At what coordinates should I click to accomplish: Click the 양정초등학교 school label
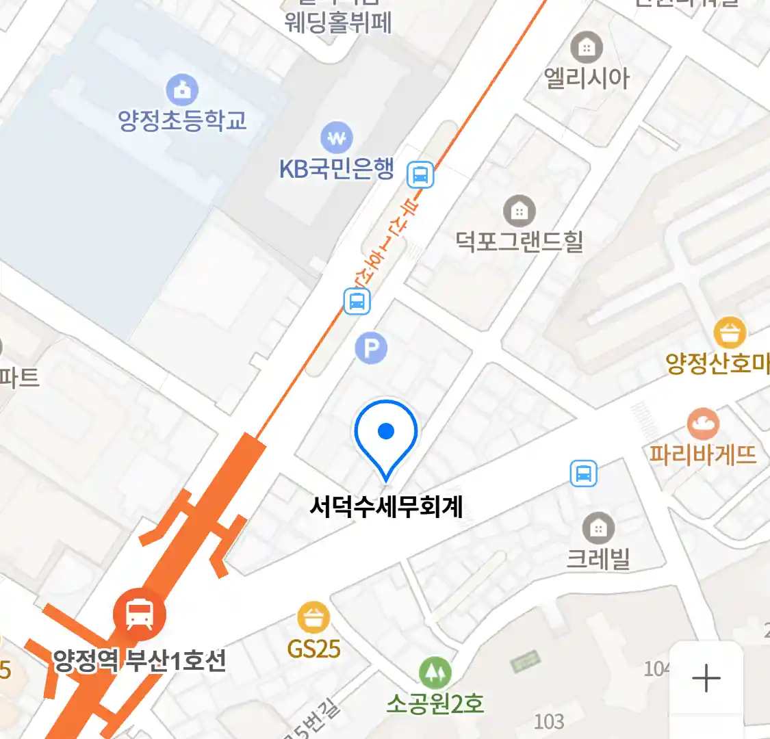click(x=182, y=121)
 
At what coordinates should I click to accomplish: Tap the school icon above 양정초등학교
click(x=182, y=90)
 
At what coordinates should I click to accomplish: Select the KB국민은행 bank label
click(x=337, y=168)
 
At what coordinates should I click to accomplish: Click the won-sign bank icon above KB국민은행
click(x=337, y=138)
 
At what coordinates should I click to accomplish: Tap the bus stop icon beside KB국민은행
click(x=420, y=174)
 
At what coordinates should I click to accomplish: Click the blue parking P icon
click(x=371, y=349)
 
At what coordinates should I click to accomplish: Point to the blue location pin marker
click(x=386, y=435)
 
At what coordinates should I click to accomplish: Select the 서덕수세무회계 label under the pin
click(x=386, y=507)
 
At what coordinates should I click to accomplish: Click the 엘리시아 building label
click(x=587, y=78)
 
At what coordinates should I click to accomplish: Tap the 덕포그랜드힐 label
click(x=519, y=241)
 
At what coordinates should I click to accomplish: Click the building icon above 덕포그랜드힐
click(x=519, y=211)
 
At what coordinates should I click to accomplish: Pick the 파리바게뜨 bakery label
click(x=703, y=454)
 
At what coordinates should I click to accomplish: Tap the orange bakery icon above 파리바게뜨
click(x=704, y=424)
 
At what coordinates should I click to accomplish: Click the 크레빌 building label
click(x=598, y=559)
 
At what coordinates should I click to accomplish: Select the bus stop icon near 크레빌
click(x=584, y=473)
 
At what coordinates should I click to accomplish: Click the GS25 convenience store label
click(x=314, y=649)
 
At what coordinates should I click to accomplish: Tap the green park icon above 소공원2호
click(x=435, y=673)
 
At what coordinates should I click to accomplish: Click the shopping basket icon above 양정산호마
click(x=730, y=333)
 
